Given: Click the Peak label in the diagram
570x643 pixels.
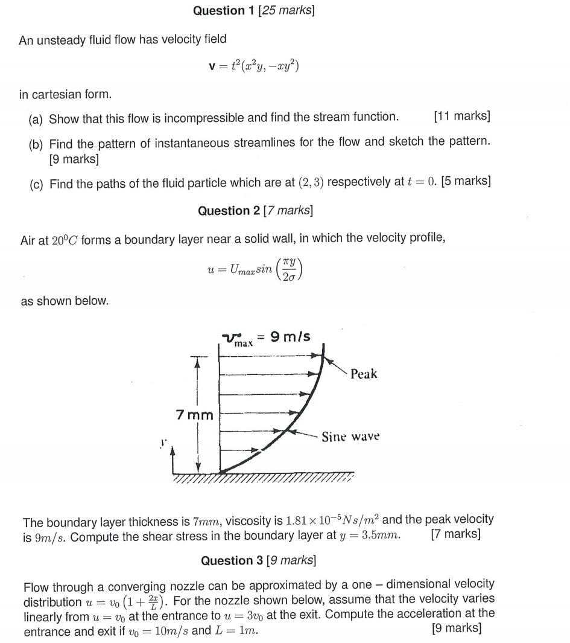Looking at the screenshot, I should (364, 374).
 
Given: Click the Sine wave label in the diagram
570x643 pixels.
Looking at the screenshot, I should (350, 436).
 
